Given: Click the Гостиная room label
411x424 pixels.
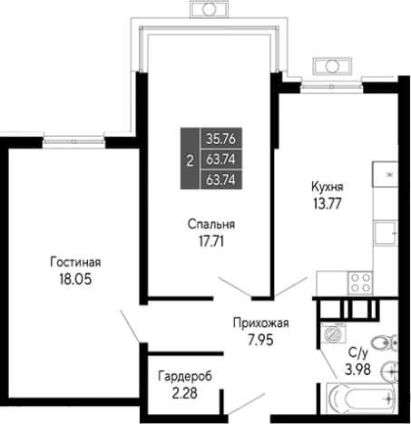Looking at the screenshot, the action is pyautogui.click(x=75, y=262).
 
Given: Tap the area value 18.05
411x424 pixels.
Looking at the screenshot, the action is pyautogui.click(x=75, y=279).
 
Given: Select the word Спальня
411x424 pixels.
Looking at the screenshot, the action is pyautogui.click(x=211, y=225).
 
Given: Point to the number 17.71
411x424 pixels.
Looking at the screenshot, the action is pyautogui.click(x=211, y=241).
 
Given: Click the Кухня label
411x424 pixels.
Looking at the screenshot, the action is pyautogui.click(x=328, y=187).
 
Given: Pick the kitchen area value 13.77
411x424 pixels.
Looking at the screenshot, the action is pyautogui.click(x=328, y=204).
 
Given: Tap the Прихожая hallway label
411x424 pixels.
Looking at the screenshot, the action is pyautogui.click(x=261, y=323).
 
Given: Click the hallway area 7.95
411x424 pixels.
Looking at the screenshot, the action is pyautogui.click(x=260, y=340).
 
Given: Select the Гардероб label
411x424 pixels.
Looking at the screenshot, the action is pyautogui.click(x=185, y=376).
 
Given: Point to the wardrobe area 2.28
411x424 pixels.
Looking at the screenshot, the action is pyautogui.click(x=185, y=393).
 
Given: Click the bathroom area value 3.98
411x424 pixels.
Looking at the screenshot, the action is pyautogui.click(x=358, y=370).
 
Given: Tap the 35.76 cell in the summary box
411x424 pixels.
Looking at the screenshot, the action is pyautogui.click(x=220, y=139).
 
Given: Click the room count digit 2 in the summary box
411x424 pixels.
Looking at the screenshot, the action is pyautogui.click(x=190, y=161).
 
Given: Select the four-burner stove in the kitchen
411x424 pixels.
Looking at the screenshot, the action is pyautogui.click(x=360, y=283).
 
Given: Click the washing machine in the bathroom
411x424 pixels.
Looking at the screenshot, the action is pyautogui.click(x=333, y=333).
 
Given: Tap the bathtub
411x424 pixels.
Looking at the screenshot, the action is pyautogui.click(x=361, y=398).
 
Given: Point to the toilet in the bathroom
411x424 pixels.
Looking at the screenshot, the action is pyautogui.click(x=385, y=342).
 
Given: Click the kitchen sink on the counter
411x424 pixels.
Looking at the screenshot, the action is pyautogui.click(x=385, y=233).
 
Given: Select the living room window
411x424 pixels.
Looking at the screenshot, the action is pyautogui.click(x=73, y=141).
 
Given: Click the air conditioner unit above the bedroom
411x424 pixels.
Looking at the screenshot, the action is pyautogui.click(x=209, y=9).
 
